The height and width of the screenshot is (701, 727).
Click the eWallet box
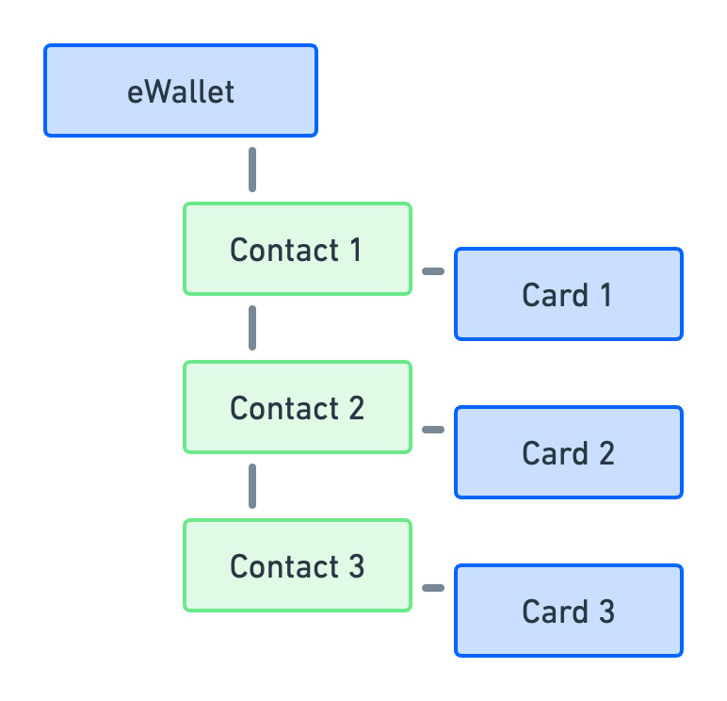(181, 90)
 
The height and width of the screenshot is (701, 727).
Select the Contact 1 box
(297, 249)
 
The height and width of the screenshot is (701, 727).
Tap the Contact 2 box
(297, 407)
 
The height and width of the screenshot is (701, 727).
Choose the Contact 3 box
(297, 565)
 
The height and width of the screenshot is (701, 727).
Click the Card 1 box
(568, 294)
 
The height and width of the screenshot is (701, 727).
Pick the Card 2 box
(568, 452)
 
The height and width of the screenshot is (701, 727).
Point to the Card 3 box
(568, 611)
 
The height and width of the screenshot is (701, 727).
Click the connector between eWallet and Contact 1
(252, 170)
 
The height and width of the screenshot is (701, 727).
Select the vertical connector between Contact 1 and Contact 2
(252, 327)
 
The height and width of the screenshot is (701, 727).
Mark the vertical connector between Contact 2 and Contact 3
(252, 485)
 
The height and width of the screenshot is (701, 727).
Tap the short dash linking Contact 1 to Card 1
(432, 271)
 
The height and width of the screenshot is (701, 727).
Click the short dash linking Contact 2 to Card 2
(432, 430)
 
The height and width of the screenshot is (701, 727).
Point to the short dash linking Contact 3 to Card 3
(432, 588)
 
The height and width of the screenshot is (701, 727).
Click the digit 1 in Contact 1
(355, 250)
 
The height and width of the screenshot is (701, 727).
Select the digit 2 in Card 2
(606, 453)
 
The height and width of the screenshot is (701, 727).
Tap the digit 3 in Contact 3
(355, 566)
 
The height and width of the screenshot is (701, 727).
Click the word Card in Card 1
(554, 295)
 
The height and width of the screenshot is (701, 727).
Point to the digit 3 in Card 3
(606, 611)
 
